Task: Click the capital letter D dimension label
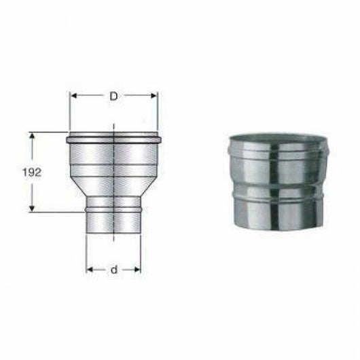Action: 113,96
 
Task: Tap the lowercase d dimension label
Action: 113,270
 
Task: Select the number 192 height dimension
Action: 31,172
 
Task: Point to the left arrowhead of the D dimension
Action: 73,96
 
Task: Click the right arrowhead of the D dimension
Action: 155,96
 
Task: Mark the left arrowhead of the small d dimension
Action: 89,270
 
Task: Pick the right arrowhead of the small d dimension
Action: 138,270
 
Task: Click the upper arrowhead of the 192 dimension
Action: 31,136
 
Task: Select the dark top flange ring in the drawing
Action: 113,139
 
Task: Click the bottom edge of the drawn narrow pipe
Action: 113,235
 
